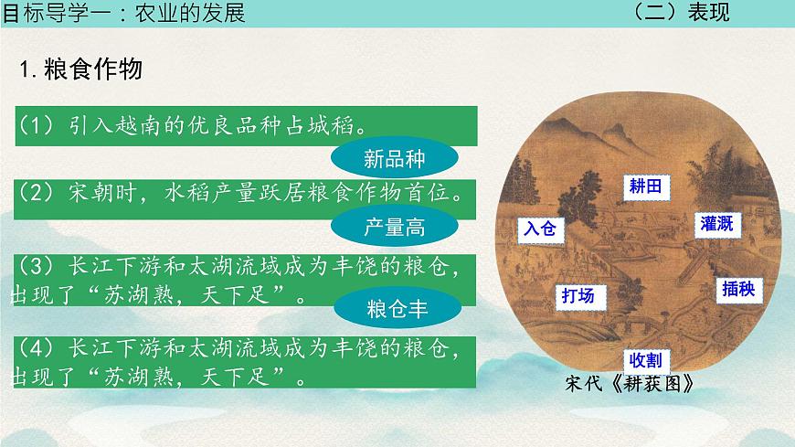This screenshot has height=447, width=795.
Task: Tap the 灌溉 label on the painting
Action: click(717, 224)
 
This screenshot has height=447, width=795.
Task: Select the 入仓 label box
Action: click(538, 229)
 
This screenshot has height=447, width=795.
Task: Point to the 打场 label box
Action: click(578, 295)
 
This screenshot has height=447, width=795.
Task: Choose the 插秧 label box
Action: click(737, 289)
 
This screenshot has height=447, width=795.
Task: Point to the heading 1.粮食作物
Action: click(81, 70)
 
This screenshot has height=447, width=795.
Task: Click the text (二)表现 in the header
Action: click(681, 12)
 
